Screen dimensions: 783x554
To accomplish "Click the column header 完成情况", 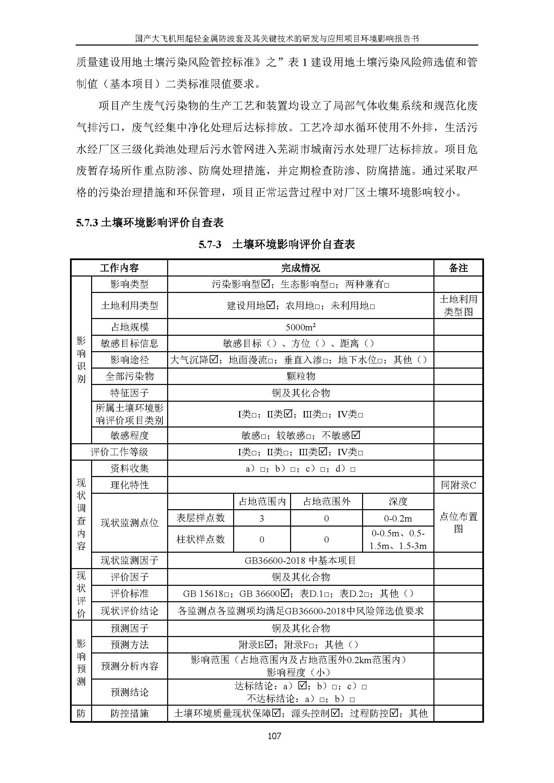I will tap(300, 268).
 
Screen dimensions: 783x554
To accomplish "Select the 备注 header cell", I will tap(458, 268).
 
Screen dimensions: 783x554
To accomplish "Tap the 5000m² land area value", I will tap(300, 327).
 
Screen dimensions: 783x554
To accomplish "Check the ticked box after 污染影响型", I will tap(265, 284).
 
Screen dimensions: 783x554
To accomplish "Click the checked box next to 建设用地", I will tap(271, 305).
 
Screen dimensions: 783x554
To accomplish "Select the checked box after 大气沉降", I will tap(214, 360).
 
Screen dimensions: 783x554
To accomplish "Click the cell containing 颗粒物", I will tap(300, 376).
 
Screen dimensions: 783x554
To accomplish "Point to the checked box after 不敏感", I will tap(356, 435).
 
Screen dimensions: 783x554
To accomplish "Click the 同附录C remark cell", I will tap(458, 485).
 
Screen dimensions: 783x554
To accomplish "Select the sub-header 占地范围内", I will tap(262, 502).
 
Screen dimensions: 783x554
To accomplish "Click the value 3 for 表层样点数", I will tap(262, 519).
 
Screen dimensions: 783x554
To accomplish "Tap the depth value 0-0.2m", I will tap(398, 519).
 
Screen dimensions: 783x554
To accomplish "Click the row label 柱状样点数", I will tap(201, 539).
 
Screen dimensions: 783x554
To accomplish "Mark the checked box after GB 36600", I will tap(285, 594).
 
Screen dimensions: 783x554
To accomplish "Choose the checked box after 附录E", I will tap(269, 644).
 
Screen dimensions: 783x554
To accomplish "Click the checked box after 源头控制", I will tap(335, 713).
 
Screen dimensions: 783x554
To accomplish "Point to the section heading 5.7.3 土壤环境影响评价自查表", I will tap(150, 223).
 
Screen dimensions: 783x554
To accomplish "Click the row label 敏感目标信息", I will tap(130, 343).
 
